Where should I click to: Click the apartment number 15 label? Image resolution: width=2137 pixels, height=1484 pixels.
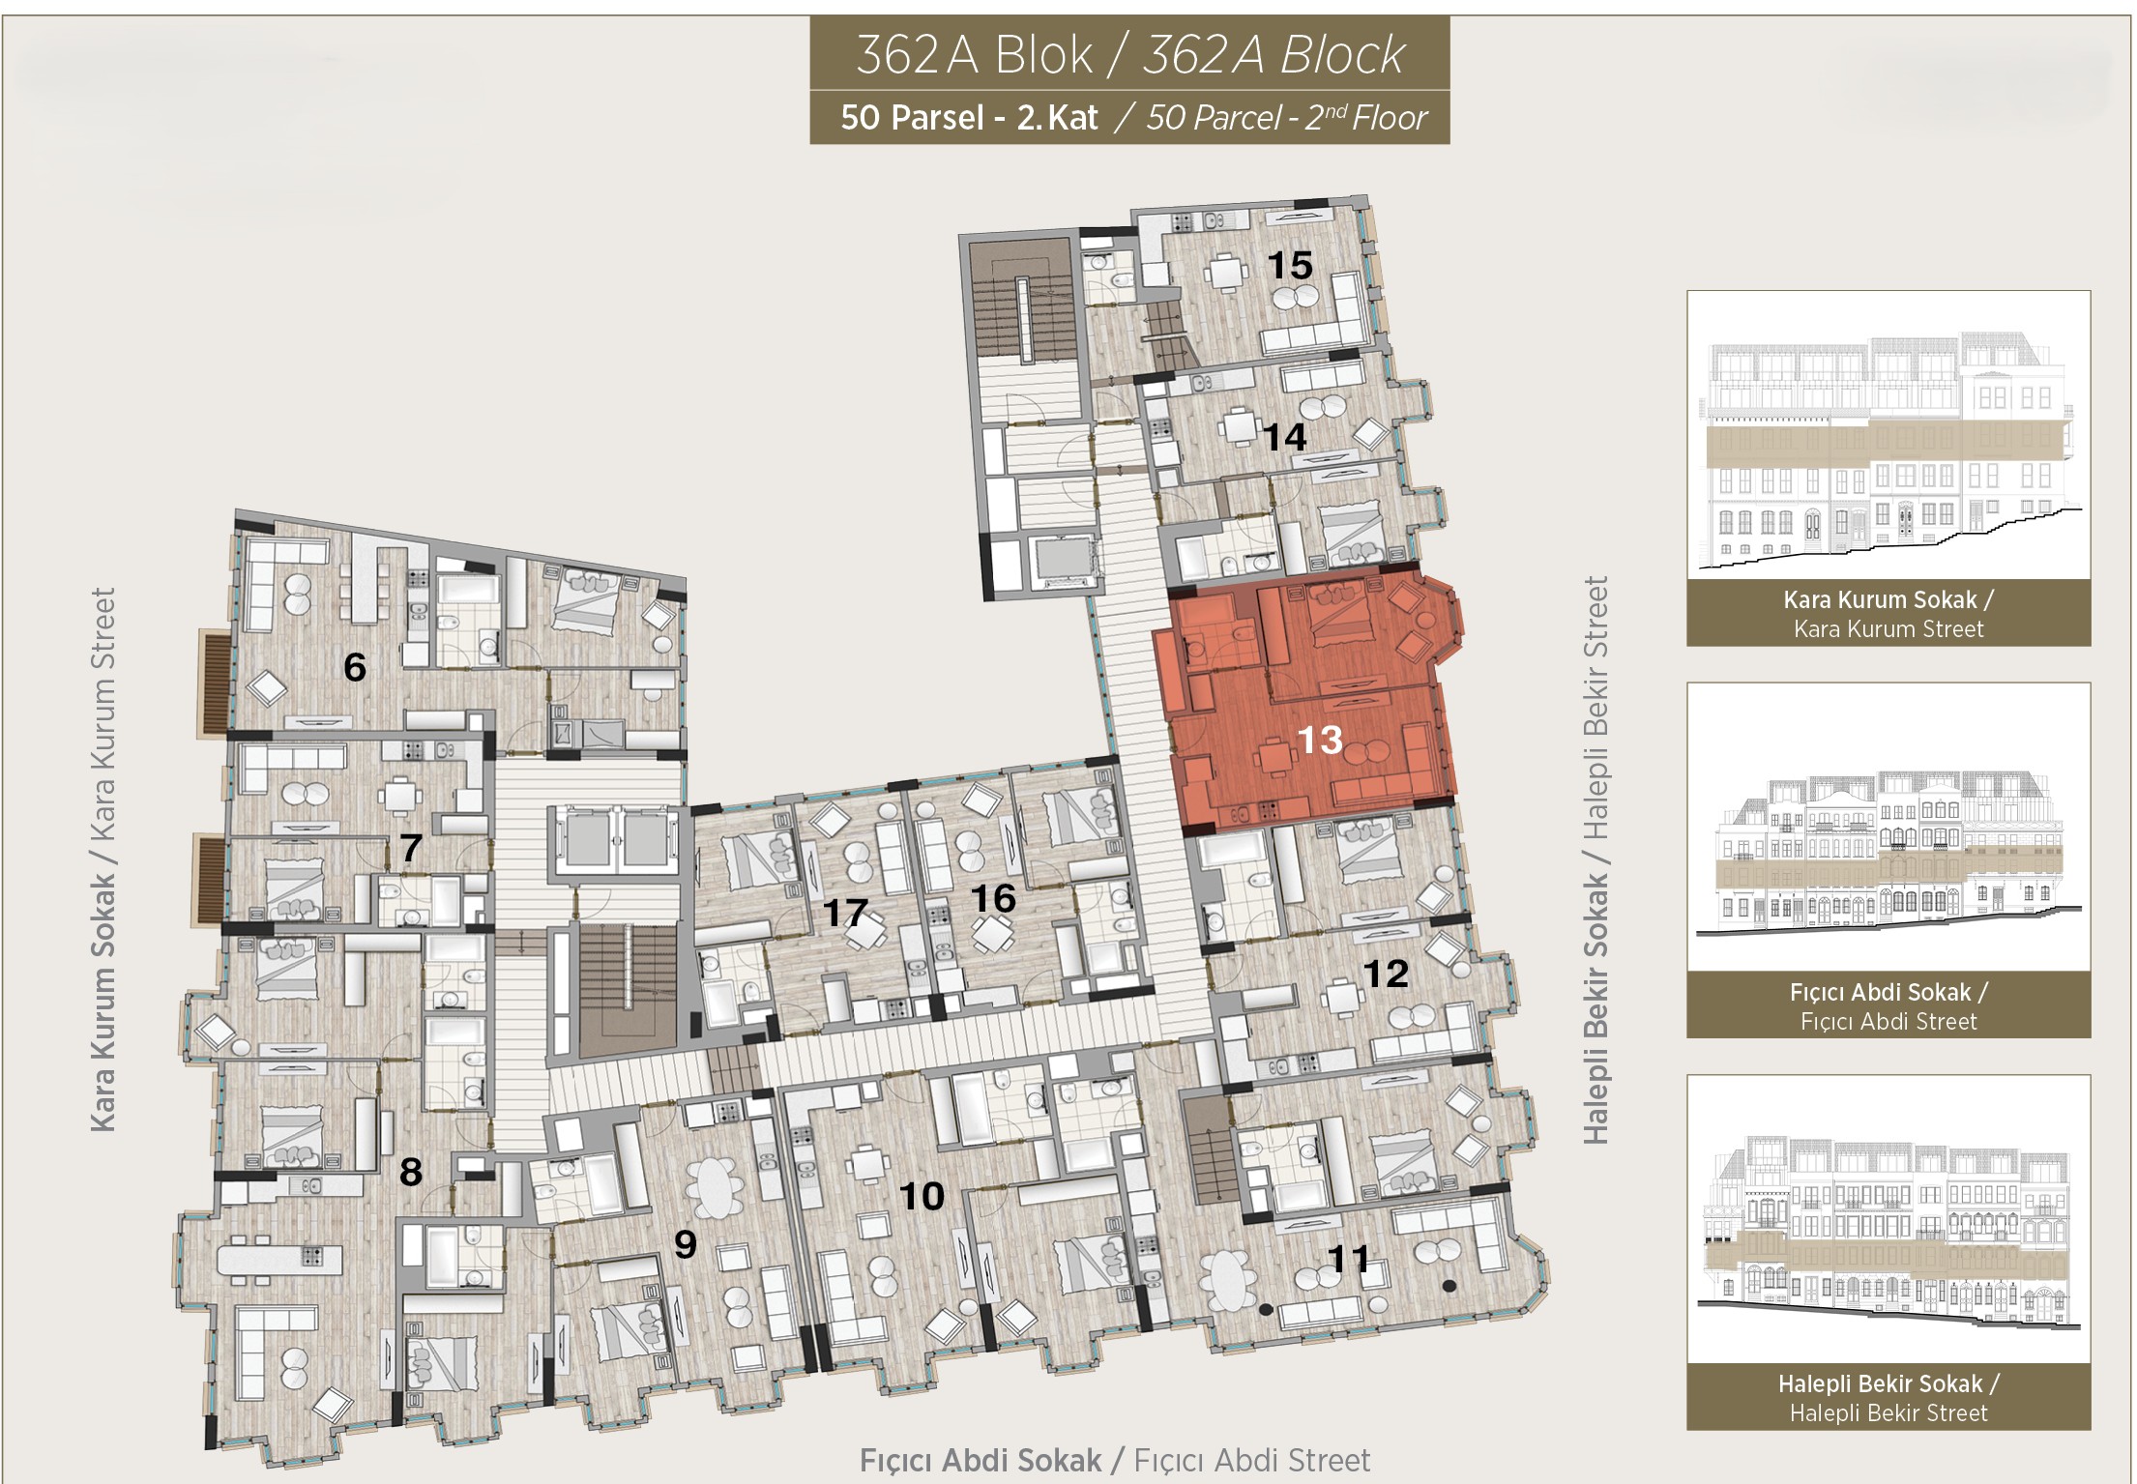1290,265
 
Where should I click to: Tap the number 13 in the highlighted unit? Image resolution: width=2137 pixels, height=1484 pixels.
1320,741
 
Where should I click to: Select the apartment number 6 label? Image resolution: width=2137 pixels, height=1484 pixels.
355,667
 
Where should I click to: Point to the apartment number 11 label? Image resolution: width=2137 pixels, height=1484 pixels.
1349,1259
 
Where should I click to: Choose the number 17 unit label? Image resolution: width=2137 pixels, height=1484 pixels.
845,913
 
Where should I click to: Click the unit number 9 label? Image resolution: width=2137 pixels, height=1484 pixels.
686,1244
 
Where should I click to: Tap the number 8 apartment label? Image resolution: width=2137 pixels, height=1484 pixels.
411,1172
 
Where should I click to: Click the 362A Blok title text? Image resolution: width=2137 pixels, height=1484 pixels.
974,54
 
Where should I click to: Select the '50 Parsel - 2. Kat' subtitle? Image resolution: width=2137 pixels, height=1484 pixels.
969,118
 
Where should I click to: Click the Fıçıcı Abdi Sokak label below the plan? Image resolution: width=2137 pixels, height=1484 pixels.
981,1460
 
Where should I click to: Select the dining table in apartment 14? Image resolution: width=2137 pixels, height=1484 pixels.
1239,426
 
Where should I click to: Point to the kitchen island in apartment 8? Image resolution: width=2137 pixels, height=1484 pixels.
280,1260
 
